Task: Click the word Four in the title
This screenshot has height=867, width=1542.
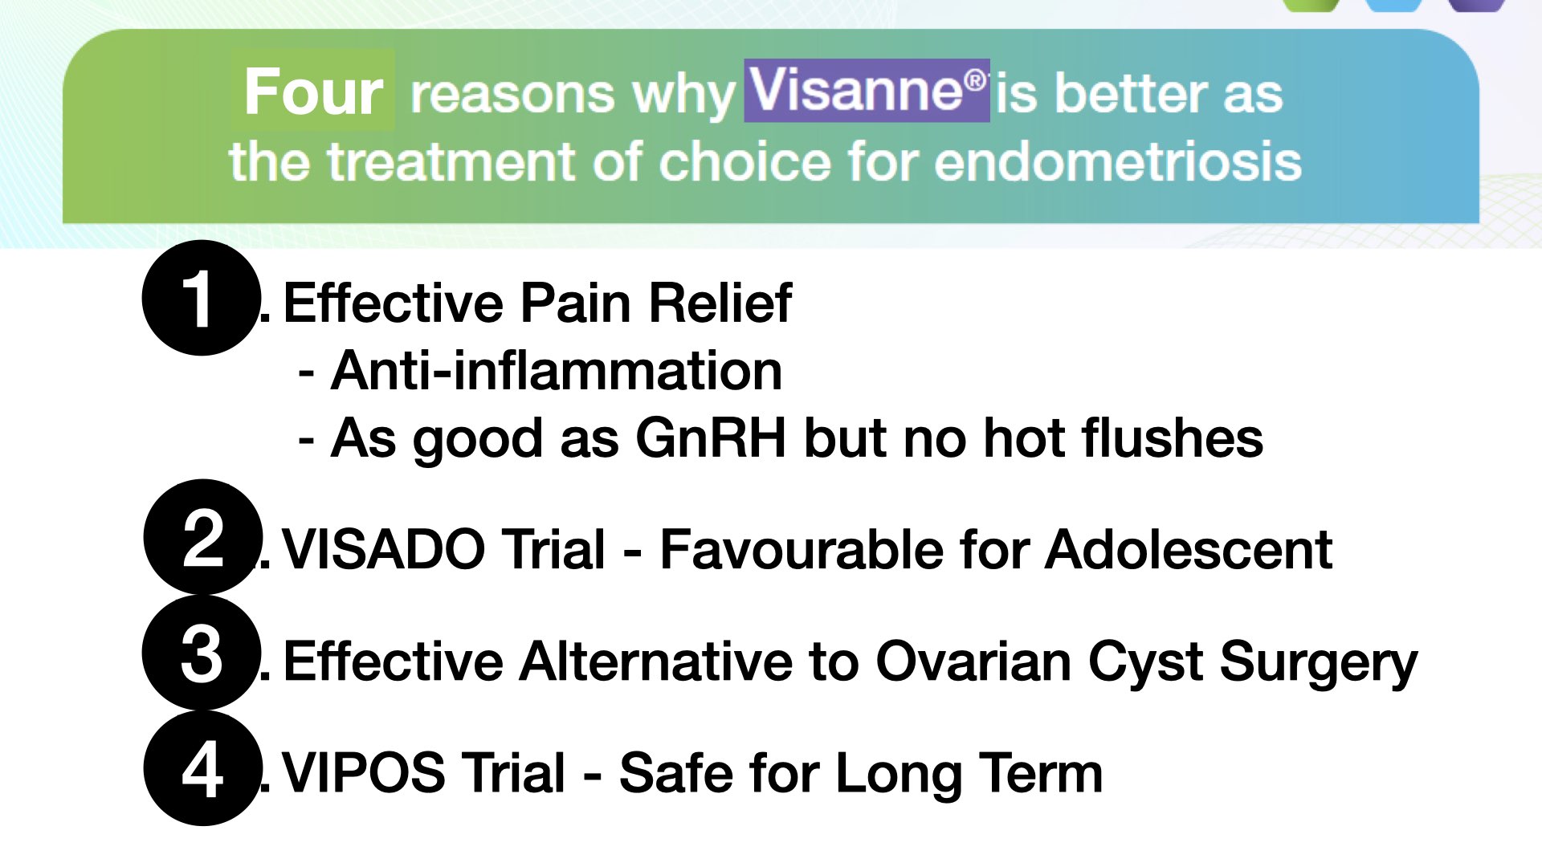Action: (x=313, y=92)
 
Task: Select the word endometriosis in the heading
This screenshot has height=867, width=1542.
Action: (x=1118, y=161)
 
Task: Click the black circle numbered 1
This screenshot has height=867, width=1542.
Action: (x=202, y=298)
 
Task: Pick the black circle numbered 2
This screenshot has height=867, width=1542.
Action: (x=203, y=537)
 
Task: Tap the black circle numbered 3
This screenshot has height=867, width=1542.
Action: (x=202, y=653)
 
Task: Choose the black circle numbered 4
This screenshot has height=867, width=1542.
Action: (x=203, y=768)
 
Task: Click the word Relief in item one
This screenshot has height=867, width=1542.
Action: (x=720, y=303)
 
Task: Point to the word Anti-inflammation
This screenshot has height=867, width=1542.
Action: (x=557, y=371)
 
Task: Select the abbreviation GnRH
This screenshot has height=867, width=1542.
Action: (x=711, y=438)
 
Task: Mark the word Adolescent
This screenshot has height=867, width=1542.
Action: (x=1189, y=550)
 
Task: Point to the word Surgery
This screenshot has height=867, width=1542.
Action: (x=1319, y=663)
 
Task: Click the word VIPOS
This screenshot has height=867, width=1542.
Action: (x=364, y=773)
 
